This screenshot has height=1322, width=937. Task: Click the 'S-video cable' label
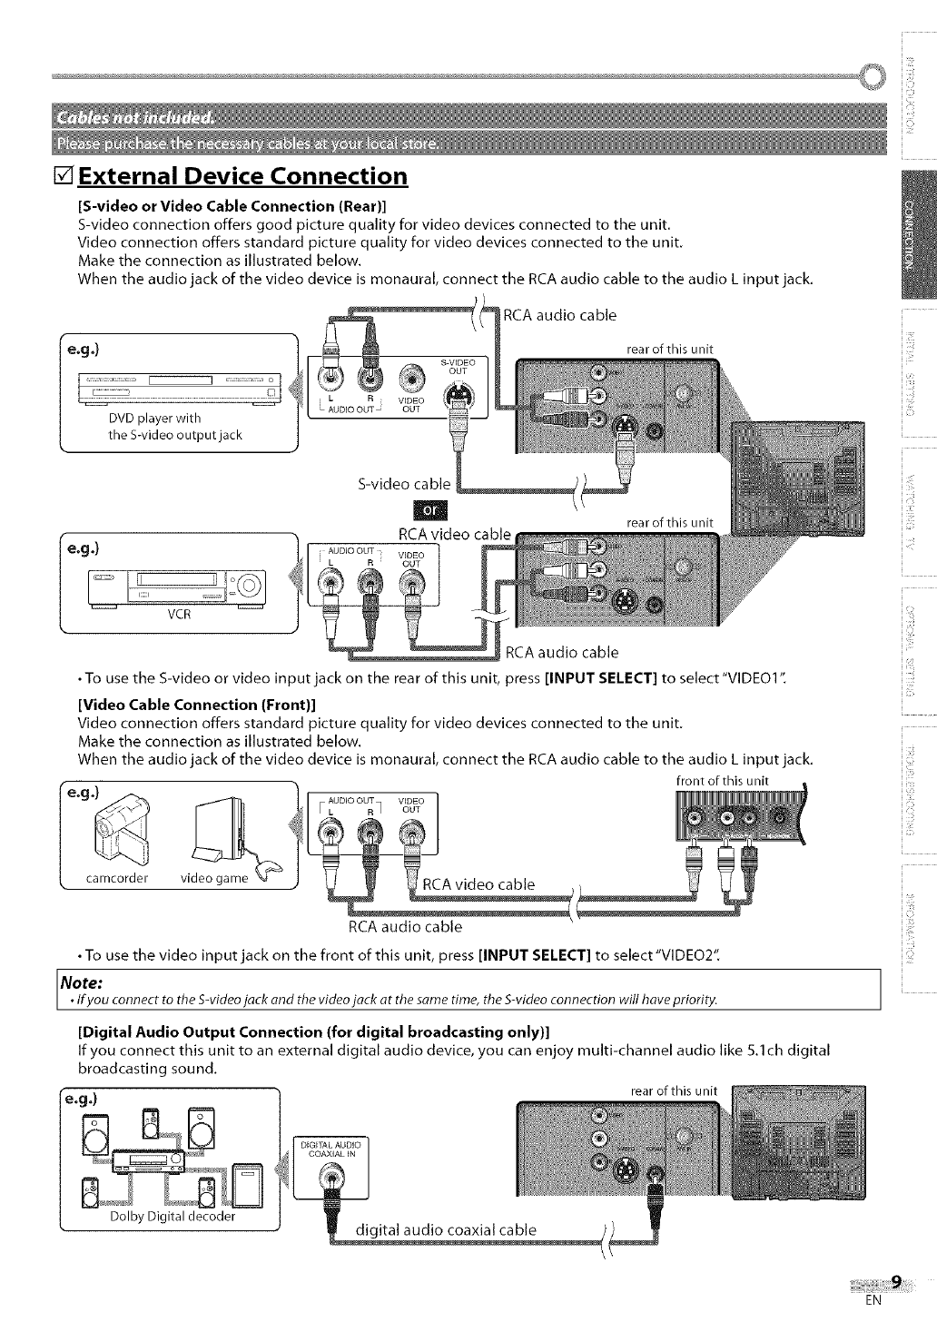pos(404,483)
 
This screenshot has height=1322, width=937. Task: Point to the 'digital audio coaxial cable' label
pos(446,1230)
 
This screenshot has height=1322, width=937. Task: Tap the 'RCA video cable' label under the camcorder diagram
pos(479,884)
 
